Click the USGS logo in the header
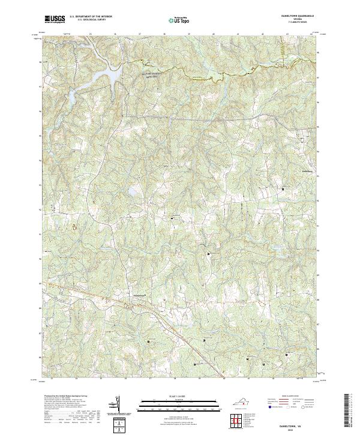(55, 19)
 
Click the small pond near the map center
(130, 193)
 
